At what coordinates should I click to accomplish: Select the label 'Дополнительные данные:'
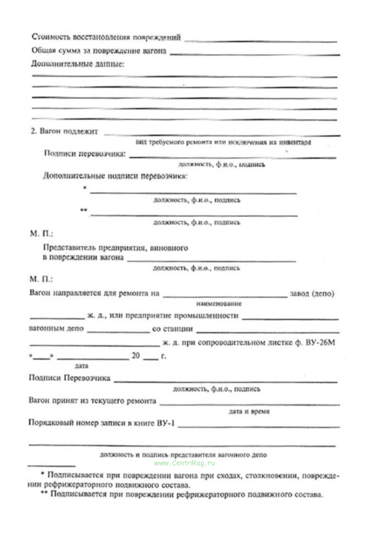pos(77,64)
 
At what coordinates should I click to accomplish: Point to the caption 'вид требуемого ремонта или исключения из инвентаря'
pos(223,142)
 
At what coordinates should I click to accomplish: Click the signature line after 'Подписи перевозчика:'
pos(232,157)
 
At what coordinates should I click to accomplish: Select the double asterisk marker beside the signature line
pos(84,210)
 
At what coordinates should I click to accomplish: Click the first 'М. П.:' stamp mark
pos(41,234)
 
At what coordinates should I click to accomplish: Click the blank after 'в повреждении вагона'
pos(212,261)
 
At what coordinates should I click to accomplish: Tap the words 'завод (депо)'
pos(312,294)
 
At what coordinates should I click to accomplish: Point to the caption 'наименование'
pos(219,304)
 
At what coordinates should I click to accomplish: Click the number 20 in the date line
pos(136,356)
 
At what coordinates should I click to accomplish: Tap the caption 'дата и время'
pos(249,412)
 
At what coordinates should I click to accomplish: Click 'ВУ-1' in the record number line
pos(166,423)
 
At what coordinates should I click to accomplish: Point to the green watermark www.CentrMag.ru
pos(184,463)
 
